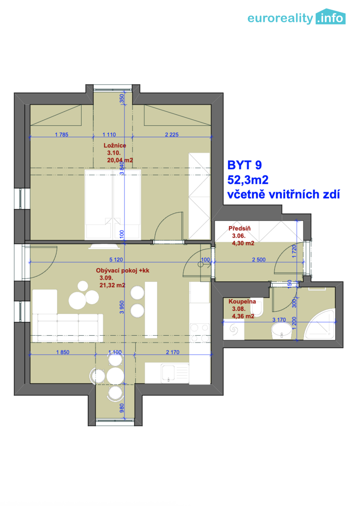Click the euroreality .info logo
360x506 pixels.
point(296,17)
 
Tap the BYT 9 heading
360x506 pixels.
point(244,165)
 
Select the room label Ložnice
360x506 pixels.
point(115,145)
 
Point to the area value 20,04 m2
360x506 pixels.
point(120,160)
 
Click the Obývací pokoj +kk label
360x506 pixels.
point(122,271)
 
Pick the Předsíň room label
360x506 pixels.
point(239,229)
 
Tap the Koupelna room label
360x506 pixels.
point(242,301)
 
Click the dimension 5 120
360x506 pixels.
point(116,260)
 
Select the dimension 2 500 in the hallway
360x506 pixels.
point(259,260)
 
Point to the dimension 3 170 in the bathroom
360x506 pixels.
point(279,320)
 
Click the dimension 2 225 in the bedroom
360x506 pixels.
point(172,135)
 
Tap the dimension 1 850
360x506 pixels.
point(62,352)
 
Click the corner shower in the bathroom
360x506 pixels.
point(319,325)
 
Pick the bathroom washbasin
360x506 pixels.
point(282,331)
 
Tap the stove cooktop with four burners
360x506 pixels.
point(200,333)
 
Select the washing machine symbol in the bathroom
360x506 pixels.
point(233,329)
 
